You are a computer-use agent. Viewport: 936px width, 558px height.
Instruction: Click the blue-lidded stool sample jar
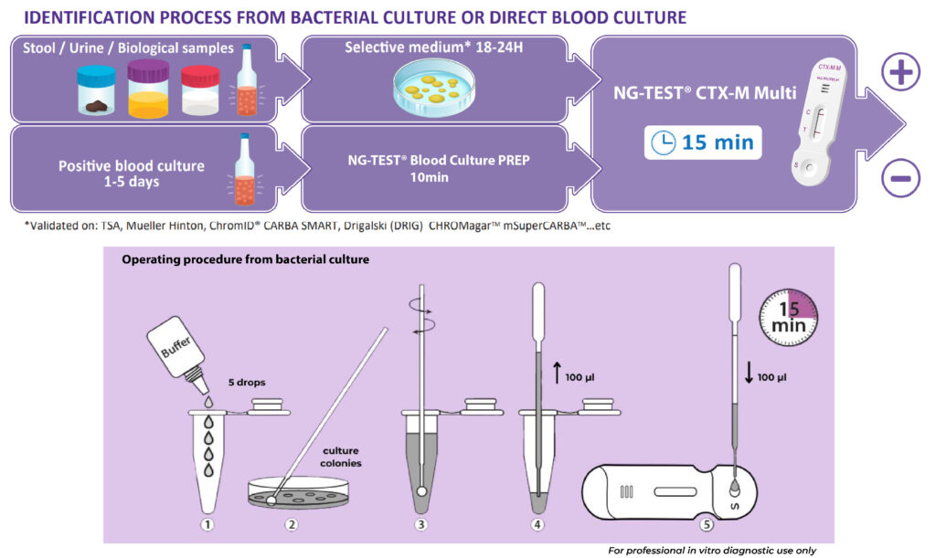(x=96, y=90)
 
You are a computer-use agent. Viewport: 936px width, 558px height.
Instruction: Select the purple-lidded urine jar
(x=148, y=89)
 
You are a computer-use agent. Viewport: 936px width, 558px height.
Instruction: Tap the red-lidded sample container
(x=200, y=90)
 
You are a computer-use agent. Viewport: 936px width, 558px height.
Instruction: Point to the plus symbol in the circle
(x=900, y=72)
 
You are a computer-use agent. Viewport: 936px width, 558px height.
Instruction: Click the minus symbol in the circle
(x=900, y=178)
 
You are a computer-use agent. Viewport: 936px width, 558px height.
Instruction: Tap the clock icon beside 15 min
(x=664, y=143)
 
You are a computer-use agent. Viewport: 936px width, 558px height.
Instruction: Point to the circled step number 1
(x=207, y=524)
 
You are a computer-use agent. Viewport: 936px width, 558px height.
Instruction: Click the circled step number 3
(x=421, y=524)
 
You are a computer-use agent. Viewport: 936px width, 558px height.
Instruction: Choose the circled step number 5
(x=707, y=524)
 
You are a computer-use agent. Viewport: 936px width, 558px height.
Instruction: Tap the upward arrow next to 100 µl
(x=557, y=373)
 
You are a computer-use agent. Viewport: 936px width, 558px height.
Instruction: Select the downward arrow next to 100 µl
(x=750, y=373)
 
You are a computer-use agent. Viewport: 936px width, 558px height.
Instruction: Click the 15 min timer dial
(x=788, y=318)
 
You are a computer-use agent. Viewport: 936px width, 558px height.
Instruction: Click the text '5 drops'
(x=247, y=382)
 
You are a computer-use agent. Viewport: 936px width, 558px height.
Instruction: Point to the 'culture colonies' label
(x=341, y=457)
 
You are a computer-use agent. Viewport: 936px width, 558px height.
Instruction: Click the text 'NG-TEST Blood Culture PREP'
(x=439, y=160)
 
